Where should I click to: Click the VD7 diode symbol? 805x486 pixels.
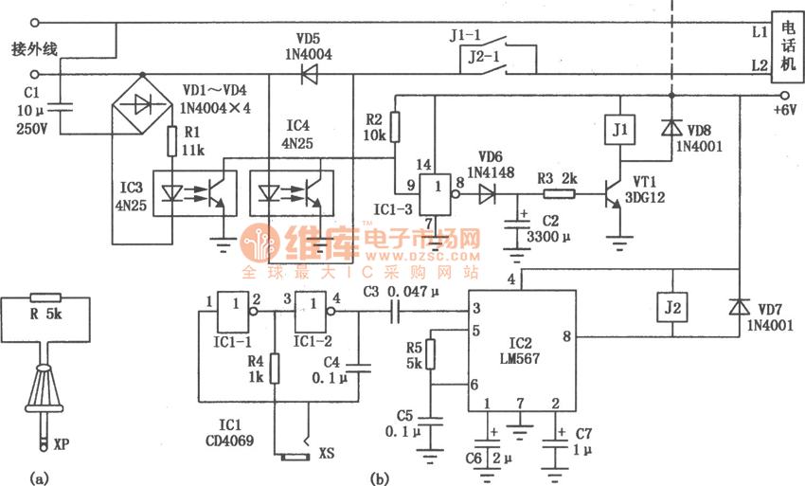739,309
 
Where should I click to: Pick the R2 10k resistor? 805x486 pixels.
395,125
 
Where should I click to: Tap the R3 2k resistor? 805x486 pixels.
559,194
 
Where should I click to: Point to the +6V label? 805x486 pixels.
785,110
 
